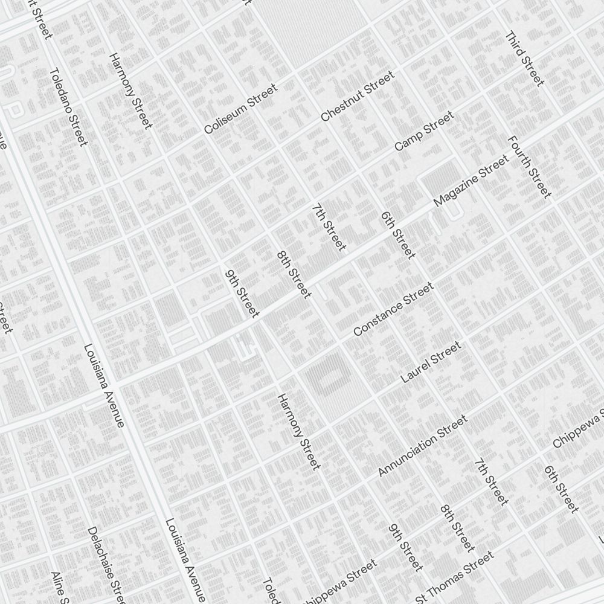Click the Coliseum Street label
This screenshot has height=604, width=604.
tap(240, 109)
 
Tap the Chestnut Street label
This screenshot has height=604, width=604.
tap(358, 96)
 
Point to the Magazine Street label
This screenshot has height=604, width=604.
tap(471, 180)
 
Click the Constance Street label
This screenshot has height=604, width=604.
tap(393, 309)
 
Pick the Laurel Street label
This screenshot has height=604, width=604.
tap(431, 362)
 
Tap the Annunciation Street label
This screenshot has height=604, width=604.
tap(422, 446)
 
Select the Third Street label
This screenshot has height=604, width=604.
tap(524, 59)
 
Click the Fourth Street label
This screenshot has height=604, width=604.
tap(529, 167)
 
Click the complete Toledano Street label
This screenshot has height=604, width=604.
tap(68, 106)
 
